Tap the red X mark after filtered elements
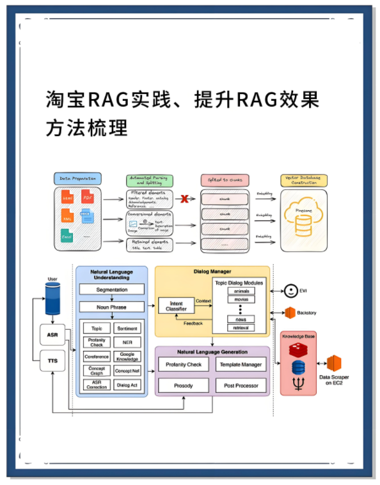185,199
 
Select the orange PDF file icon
88,198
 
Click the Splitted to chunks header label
225,180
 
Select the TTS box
52,361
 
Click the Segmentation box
111,289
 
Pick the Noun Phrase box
111,307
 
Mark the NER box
127,342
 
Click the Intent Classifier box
177,306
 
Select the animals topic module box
241,291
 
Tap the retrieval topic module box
241,328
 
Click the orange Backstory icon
290,312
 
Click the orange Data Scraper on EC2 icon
333,364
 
